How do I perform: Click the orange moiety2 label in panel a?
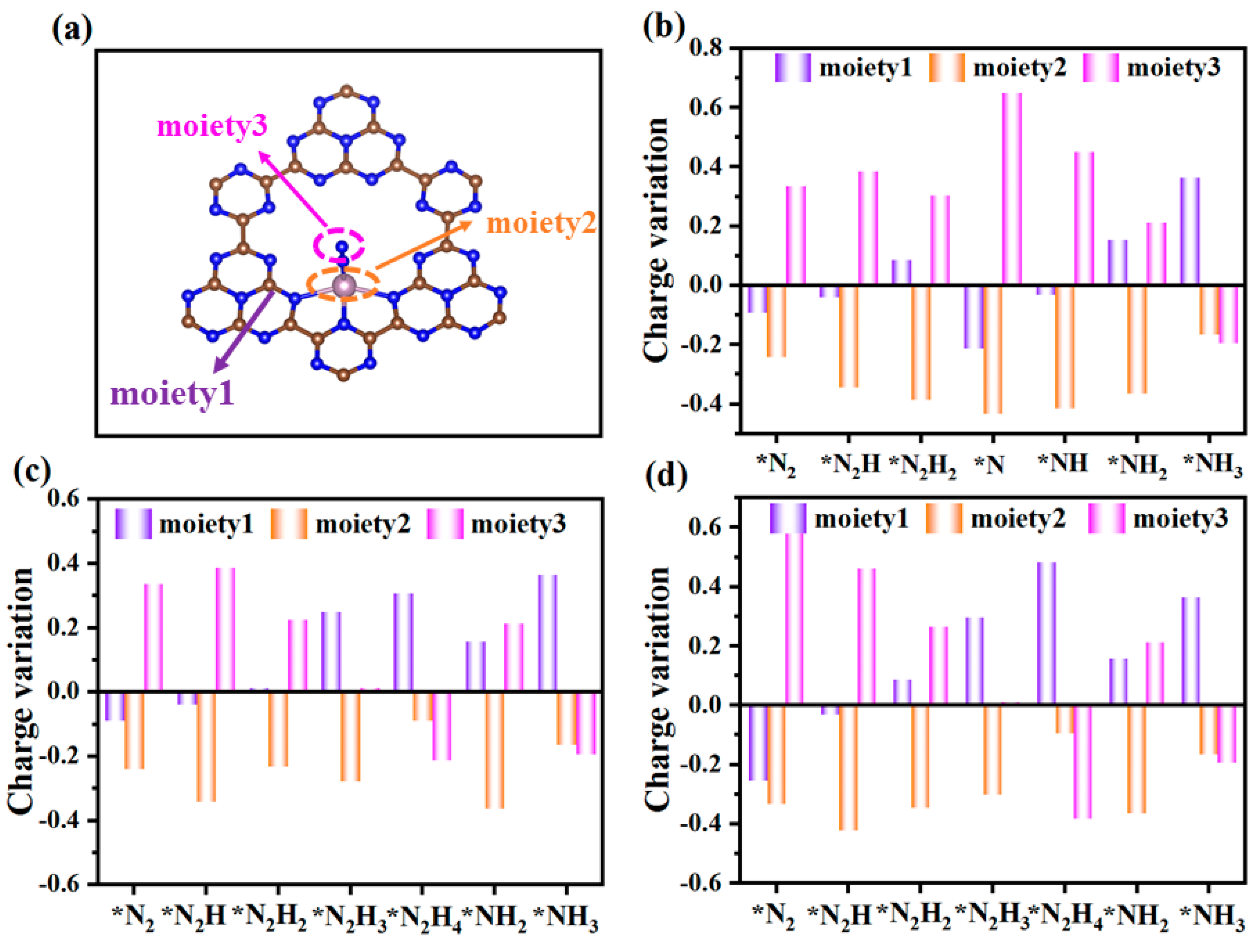541,223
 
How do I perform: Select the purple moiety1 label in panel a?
172,393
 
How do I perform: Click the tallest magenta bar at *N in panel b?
1012,188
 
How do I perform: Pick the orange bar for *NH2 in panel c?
494,749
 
